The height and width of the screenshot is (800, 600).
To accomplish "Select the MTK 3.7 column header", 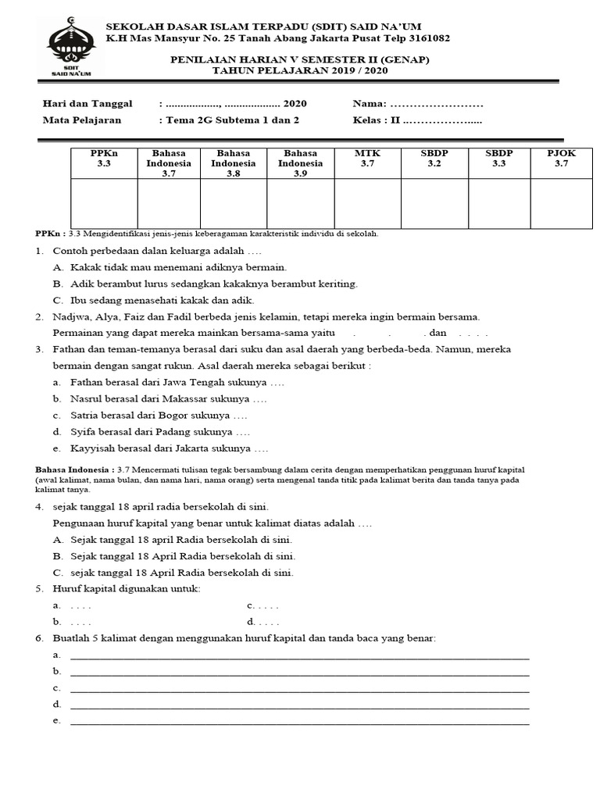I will (367, 159).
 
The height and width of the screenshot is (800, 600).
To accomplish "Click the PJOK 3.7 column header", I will (561, 159).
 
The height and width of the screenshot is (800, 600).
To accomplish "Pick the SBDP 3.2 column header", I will (434, 159).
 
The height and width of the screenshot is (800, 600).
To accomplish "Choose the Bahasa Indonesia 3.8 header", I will (233, 163).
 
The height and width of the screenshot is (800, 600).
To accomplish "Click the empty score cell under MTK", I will (367, 203).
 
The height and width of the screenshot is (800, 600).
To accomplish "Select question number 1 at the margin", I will (38, 252).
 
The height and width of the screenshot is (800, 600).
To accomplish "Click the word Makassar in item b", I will (189, 399).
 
